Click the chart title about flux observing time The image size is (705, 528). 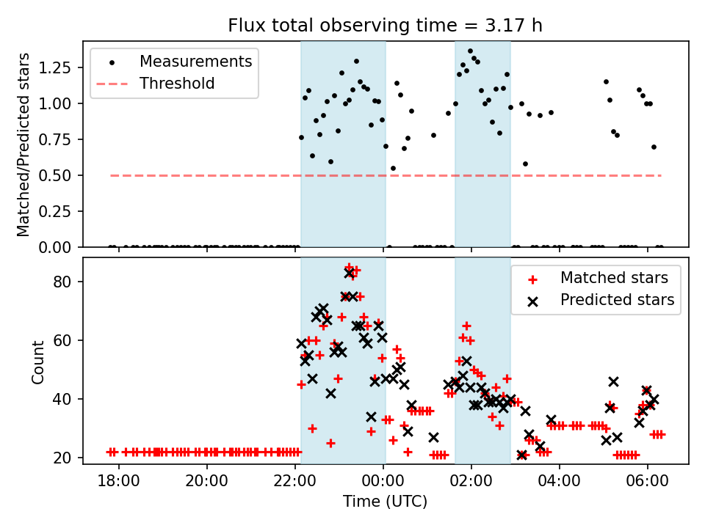coord(386,26)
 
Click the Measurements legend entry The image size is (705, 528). coord(195,61)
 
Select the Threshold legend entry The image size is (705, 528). coord(177,83)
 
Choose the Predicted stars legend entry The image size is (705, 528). coord(617,299)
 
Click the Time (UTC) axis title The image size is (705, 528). coord(385,502)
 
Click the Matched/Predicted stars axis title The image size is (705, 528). coord(23,144)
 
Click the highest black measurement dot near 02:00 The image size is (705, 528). coord(470,51)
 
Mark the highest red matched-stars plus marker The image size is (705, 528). coord(349,268)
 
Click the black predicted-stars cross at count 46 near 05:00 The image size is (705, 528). coord(613,381)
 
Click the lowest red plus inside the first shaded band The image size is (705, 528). coord(330,443)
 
